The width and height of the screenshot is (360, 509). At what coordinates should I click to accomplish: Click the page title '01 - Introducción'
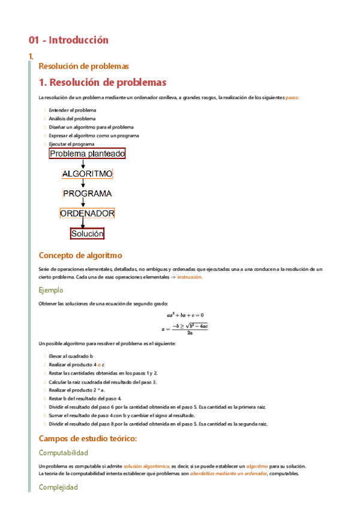coord(69,40)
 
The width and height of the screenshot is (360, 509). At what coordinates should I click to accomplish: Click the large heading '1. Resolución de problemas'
coord(102,82)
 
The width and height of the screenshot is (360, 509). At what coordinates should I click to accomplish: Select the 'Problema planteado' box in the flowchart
coord(87,154)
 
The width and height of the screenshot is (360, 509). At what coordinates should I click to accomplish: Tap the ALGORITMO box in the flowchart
coord(87,174)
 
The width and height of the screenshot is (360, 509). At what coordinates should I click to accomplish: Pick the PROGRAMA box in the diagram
coord(87,194)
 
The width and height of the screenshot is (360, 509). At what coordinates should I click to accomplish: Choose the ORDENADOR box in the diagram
coord(87,213)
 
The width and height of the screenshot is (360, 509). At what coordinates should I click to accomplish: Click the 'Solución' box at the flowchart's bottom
coord(87,233)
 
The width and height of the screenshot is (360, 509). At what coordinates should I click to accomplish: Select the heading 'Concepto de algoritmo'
coord(80,255)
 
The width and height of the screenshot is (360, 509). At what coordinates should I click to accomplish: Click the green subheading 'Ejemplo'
coord(50,290)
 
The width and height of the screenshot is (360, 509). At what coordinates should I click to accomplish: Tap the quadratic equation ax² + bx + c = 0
coord(185,315)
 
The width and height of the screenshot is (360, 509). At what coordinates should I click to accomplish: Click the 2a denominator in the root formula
coord(190,333)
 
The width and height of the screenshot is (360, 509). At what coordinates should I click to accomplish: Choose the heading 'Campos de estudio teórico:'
coord(88,439)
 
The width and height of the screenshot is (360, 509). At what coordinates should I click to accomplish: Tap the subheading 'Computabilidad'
coord(63,453)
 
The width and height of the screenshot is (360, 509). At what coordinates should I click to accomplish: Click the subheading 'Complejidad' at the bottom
coord(58,487)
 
